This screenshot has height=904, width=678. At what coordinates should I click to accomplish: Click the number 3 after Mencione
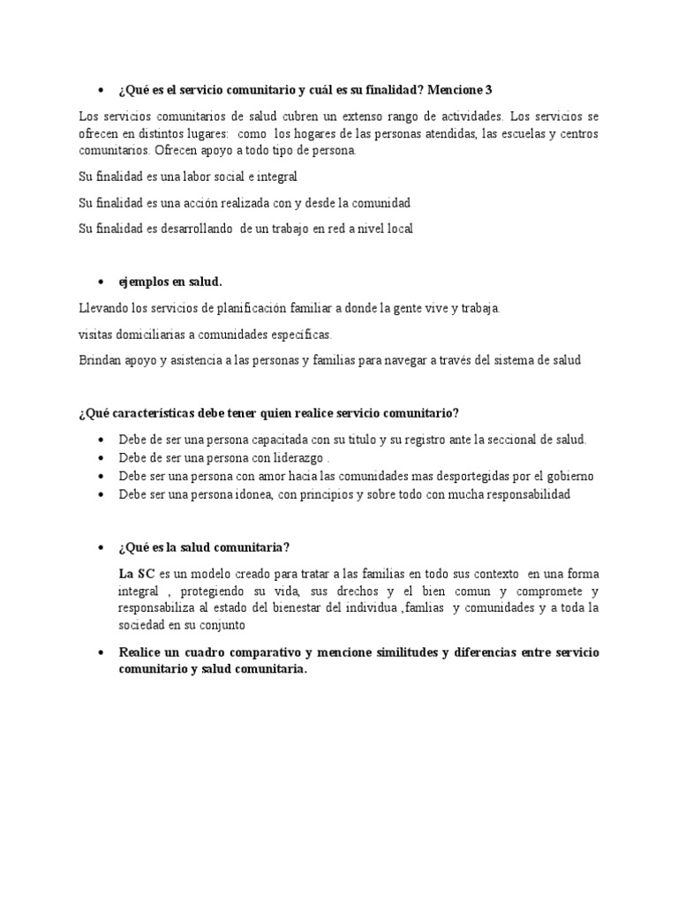pyautogui.click(x=488, y=89)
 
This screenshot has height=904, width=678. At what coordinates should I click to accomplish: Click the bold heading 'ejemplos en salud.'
pyautogui.click(x=170, y=282)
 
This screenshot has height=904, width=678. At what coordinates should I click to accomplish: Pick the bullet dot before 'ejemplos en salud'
pyautogui.click(x=100, y=282)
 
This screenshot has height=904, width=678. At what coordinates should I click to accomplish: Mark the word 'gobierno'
pyautogui.click(x=563, y=476)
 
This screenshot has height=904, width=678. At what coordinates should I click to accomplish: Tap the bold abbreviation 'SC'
pyautogui.click(x=147, y=573)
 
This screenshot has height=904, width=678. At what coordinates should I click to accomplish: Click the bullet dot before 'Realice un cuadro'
pyautogui.click(x=100, y=652)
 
